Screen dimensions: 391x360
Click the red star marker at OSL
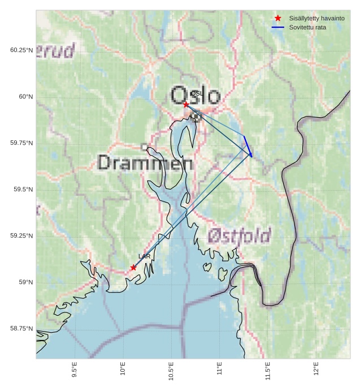pos(186,104)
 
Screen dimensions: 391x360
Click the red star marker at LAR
pos(133,268)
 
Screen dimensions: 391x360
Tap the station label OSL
pos(196,93)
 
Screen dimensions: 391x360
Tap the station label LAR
pos(144,256)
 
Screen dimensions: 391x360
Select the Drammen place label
pos(145,163)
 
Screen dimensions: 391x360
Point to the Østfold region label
pos(239,236)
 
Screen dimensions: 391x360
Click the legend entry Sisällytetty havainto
pos(316,18)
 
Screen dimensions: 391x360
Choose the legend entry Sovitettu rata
pos(307,27)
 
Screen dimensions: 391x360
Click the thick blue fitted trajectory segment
pos(248,145)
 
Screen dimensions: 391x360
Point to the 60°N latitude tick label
pos(26,97)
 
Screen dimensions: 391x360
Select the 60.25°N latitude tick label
pos(21,50)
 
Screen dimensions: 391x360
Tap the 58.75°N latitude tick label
pos(21,329)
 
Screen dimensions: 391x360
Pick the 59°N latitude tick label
pos(26,282)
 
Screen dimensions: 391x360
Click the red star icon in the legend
pos(278,18)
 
